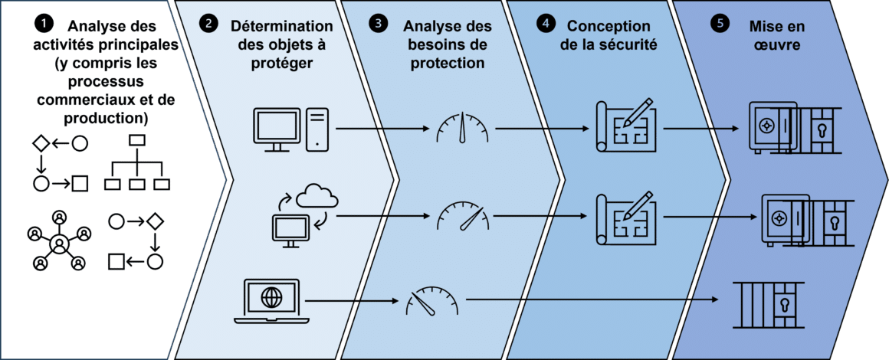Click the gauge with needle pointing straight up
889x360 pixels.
coord(462,128)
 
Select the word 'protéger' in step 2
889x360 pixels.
coord(280,63)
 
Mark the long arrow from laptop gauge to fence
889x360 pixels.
coord(590,299)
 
